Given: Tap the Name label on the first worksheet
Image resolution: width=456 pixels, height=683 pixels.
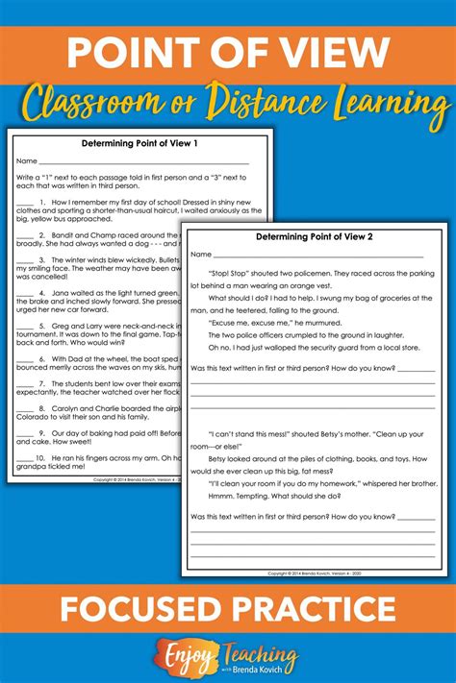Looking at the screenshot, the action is pos(26,161).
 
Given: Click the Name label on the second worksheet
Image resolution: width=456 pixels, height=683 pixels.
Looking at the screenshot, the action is pos(200,255).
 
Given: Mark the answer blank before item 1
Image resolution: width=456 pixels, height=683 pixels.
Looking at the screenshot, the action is pos(25,202).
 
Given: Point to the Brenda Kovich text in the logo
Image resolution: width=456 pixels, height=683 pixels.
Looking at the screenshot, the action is pos(264,668).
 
